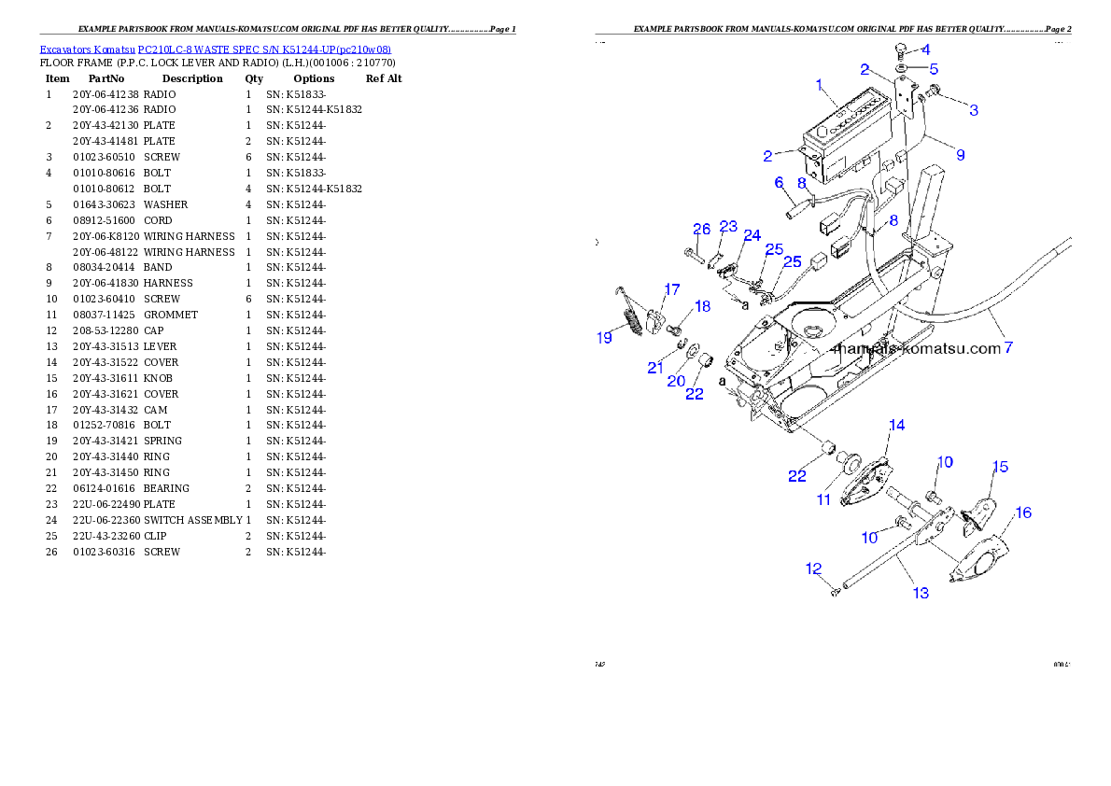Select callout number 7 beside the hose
coord(1007,348)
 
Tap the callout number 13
coord(921,593)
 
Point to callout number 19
coord(605,337)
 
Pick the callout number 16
coord(1023,512)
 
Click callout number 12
coord(813,568)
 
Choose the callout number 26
coord(701,230)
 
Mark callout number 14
coord(896,425)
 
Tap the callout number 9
coord(960,153)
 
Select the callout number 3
coord(974,110)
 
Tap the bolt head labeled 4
coord(902,49)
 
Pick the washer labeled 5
coord(903,69)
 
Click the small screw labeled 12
coord(835,591)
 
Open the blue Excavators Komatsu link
coord(215,49)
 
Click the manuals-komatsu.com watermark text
coord(914,349)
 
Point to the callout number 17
coord(672,288)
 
